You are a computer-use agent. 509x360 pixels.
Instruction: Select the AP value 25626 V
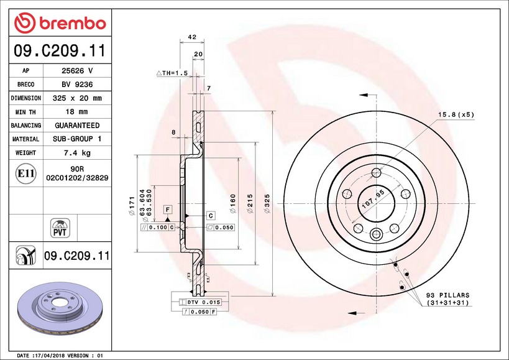[x=76, y=70]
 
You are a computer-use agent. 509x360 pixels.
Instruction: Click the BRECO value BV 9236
[x=76, y=84]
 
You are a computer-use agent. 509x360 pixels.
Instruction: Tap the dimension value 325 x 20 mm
[x=76, y=98]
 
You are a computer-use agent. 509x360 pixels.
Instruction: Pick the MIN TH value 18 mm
[x=76, y=112]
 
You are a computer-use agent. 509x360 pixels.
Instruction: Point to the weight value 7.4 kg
[x=76, y=153]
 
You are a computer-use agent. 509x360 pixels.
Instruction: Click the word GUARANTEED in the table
[x=76, y=126]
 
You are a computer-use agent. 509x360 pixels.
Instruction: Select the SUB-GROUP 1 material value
[x=76, y=139]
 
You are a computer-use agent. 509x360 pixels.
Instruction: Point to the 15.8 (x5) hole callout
[x=456, y=115]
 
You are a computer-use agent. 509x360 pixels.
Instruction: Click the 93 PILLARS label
[x=447, y=295]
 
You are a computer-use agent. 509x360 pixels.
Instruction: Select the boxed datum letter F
[x=168, y=210]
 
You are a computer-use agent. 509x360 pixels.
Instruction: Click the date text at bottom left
[x=59, y=355]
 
